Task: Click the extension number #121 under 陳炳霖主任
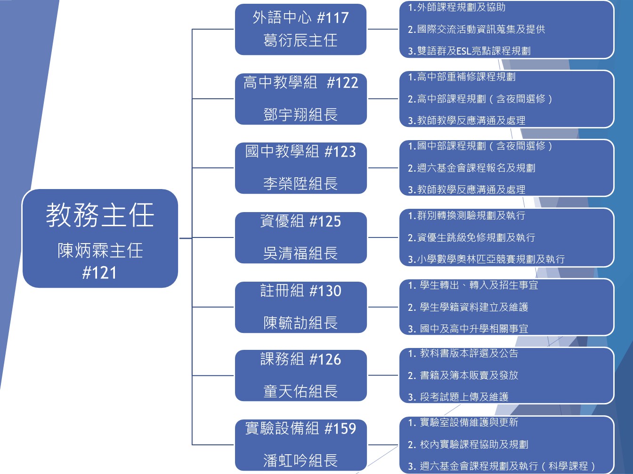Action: pos(99,273)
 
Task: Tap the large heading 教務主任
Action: pos(100,215)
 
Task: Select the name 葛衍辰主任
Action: pos(300,40)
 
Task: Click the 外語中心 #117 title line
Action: pos(300,18)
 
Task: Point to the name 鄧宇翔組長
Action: pos(300,114)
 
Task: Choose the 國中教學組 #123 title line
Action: pos(300,151)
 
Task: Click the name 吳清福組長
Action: pos(300,253)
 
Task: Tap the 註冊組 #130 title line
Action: pos(300,291)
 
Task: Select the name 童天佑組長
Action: pos(300,391)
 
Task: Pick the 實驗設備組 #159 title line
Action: pos(300,428)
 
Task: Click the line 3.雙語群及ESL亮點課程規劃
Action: pos(469,51)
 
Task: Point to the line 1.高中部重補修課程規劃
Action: pos(462,77)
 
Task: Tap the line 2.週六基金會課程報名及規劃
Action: pos(471,168)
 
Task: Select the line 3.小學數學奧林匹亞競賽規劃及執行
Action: pos(486,259)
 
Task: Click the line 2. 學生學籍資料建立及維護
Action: pos(468,307)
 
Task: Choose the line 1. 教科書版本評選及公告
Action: pos(463,353)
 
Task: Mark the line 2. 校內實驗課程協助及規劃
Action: pos(468,444)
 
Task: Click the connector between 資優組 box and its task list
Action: pos(383,237)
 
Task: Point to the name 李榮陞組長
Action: pos(300,183)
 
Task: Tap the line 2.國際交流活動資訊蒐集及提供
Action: pos(476,29)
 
